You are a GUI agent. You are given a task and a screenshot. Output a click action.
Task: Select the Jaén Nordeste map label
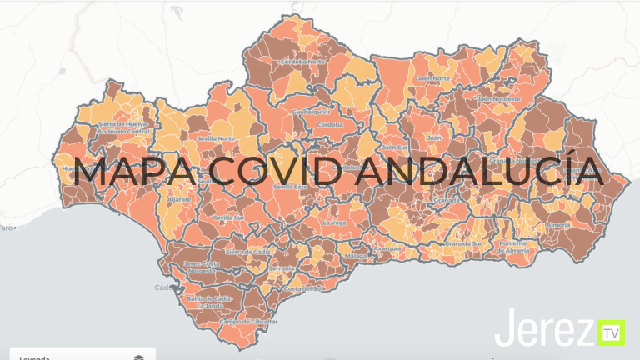pyautogui.click(x=498, y=98)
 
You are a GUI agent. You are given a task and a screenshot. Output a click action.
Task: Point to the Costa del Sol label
pyautogui.click(x=302, y=288)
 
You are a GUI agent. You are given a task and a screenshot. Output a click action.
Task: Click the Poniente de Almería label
pyautogui.click(x=519, y=247)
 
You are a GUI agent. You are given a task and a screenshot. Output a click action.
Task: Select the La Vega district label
pyautogui.click(x=333, y=223)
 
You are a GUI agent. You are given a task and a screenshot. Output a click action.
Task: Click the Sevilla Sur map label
pyautogui.click(x=228, y=217)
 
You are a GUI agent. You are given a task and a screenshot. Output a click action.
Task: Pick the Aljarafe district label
pyautogui.click(x=179, y=201)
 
